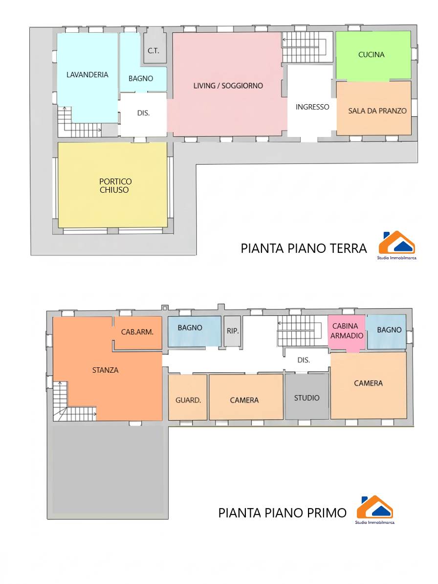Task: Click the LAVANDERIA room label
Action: pyautogui.click(x=87, y=75)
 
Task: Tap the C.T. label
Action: pyautogui.click(x=153, y=51)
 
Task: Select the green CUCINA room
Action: pyautogui.click(x=373, y=55)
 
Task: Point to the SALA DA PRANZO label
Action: pyautogui.click(x=377, y=111)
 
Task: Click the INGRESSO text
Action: pyautogui.click(x=312, y=107)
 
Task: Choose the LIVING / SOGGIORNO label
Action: pyautogui.click(x=228, y=86)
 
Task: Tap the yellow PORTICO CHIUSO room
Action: pyautogui.click(x=113, y=185)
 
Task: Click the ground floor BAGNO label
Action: pyautogui.click(x=141, y=79)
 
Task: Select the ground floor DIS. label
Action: pyautogui.click(x=143, y=113)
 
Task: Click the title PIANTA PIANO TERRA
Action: pyautogui.click(x=304, y=248)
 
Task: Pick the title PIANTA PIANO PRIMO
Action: pyautogui.click(x=282, y=513)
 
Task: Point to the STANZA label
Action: pyautogui.click(x=105, y=370)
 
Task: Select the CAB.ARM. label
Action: pyautogui.click(x=137, y=332)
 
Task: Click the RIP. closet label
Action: pyautogui.click(x=233, y=331)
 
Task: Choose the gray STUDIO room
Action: pyautogui.click(x=307, y=397)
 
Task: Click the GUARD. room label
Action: pyautogui.click(x=188, y=401)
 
